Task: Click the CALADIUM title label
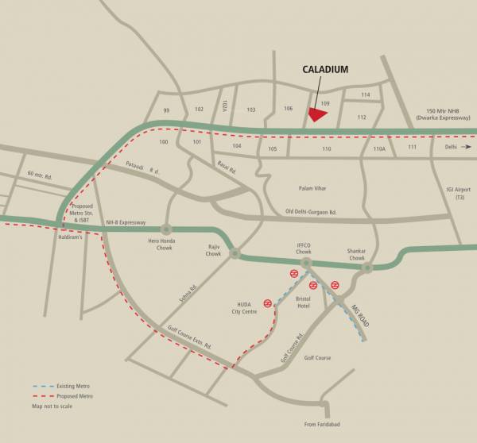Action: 325,70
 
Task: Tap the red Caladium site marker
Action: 317,114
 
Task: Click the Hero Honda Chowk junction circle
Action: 166,229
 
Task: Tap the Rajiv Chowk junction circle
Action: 235,253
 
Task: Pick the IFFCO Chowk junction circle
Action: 306,262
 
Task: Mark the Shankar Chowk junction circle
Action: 366,268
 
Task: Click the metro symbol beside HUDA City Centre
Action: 269,302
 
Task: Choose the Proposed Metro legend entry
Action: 75,395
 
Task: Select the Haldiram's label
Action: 71,236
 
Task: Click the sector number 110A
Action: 379,148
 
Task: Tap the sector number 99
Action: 167,110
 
